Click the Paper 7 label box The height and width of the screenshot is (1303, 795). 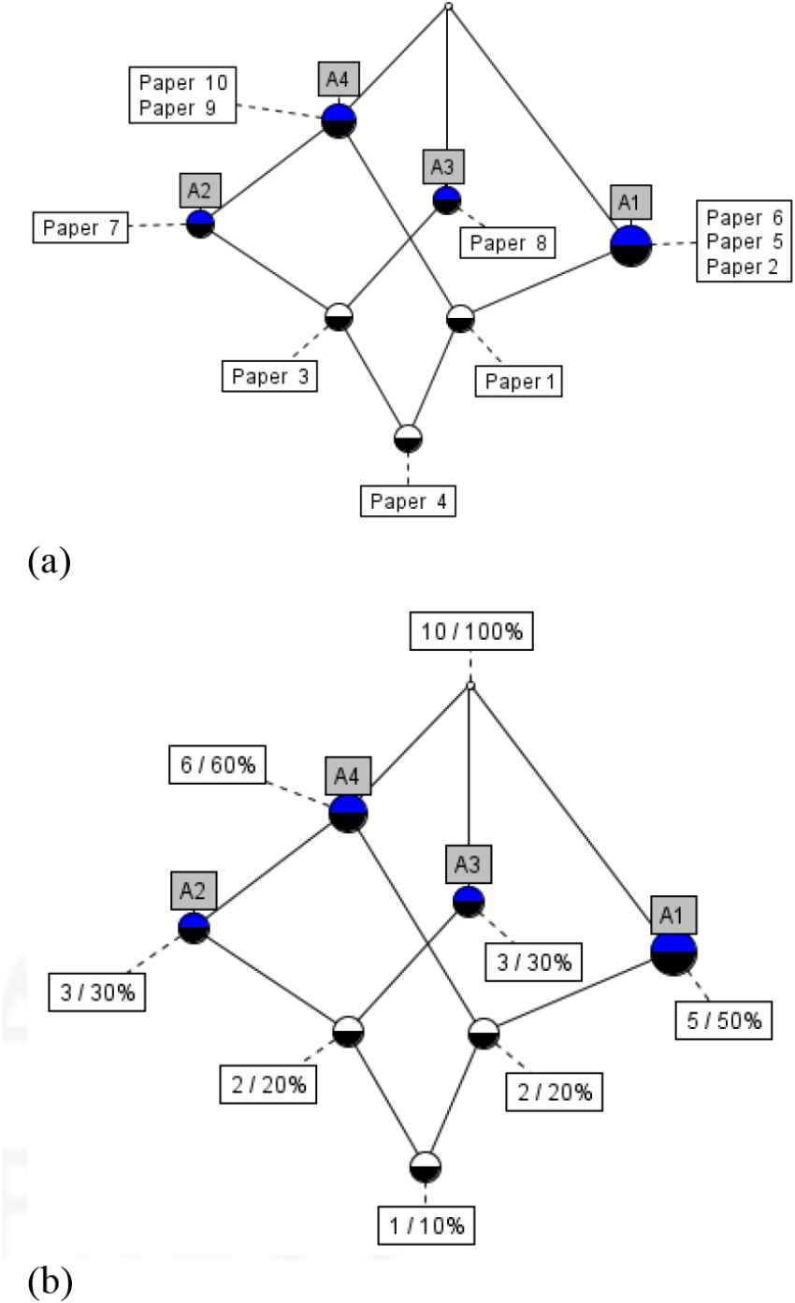point(79,227)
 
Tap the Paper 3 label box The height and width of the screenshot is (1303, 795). point(268,376)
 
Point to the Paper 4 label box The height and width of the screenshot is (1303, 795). point(408,500)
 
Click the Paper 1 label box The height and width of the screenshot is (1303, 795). point(519,380)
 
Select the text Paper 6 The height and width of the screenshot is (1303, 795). point(744,218)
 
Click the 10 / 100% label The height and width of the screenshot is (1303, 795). point(470,634)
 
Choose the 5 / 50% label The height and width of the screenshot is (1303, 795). point(723,1021)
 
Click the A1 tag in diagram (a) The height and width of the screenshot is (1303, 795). point(630,202)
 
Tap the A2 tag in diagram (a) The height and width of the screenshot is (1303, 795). point(198,191)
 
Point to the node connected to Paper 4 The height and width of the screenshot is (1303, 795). point(408,438)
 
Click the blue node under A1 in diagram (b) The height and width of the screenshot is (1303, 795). point(674,952)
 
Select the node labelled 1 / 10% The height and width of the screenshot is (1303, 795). point(426,1167)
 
